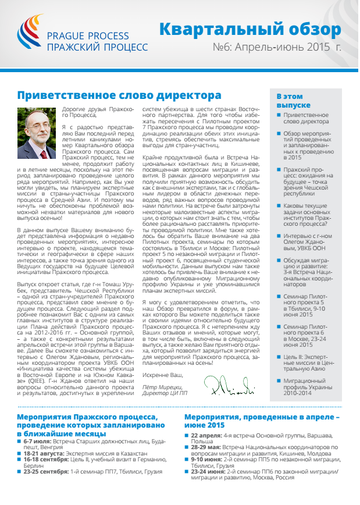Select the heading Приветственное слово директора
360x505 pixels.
point(119,95)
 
